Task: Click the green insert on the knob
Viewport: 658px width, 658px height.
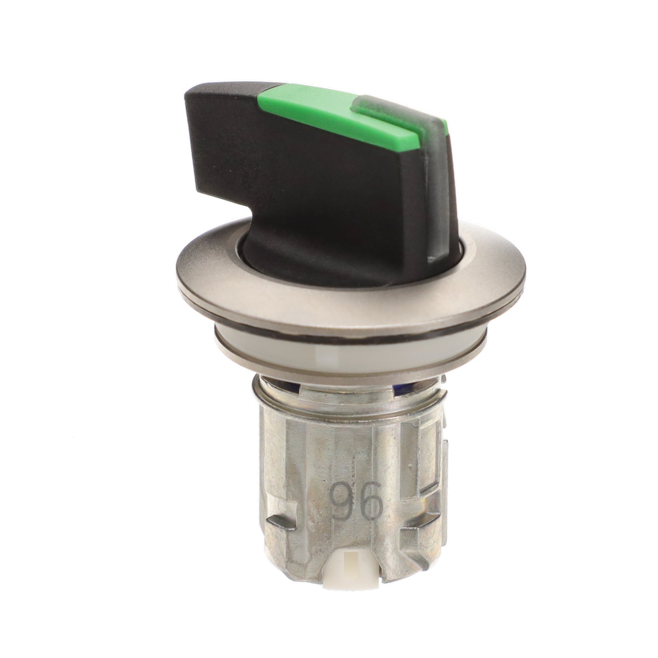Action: coord(342,117)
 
